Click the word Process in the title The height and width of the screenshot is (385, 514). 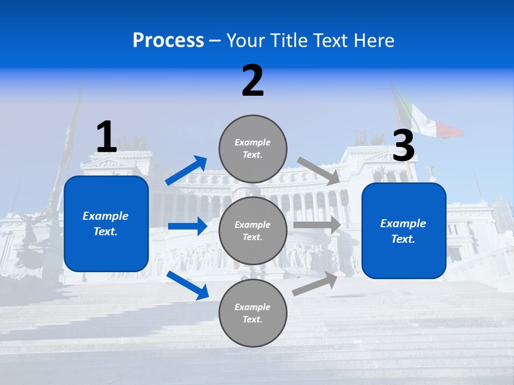[168, 41]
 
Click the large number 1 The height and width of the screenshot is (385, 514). [107, 137]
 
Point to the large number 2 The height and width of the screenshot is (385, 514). [253, 81]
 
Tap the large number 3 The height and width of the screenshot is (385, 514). [404, 146]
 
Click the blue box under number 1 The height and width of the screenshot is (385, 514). [106, 224]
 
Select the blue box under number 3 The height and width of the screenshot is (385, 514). [404, 230]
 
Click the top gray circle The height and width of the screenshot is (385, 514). [253, 149]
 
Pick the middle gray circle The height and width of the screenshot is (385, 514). [253, 230]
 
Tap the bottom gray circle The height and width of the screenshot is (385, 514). [253, 313]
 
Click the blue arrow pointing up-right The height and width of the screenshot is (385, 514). [186, 171]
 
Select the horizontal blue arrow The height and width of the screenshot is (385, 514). [187, 226]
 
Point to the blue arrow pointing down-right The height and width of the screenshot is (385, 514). [187, 285]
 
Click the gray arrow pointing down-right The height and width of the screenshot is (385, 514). [319, 171]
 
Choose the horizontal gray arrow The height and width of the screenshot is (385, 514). [317, 225]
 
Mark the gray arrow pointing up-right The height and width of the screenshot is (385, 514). [315, 284]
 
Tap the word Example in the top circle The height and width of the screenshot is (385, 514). [253, 143]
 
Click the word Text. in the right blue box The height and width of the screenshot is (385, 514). [403, 239]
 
